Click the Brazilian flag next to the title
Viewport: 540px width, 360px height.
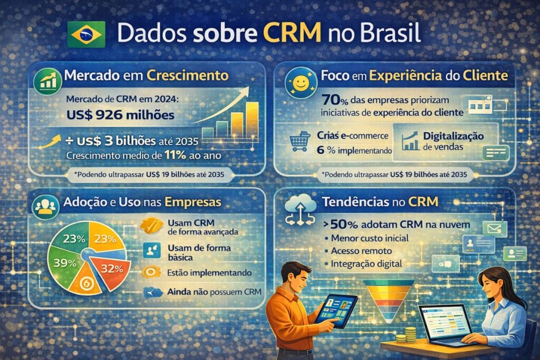coord(86,35)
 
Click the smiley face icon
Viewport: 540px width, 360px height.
coord(300,83)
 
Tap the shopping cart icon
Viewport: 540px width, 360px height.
coord(300,141)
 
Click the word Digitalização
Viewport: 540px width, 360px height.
coord(453,136)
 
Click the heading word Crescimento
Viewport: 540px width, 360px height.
coord(188,75)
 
